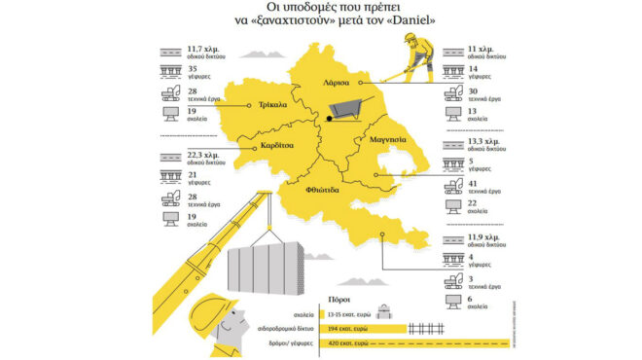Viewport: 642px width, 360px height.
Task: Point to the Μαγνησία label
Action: point(387,140)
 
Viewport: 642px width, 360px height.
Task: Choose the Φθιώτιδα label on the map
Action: point(322,193)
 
